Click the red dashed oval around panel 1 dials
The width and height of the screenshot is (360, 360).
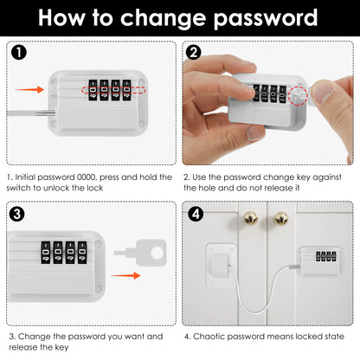pyautogui.click(x=106, y=88)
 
